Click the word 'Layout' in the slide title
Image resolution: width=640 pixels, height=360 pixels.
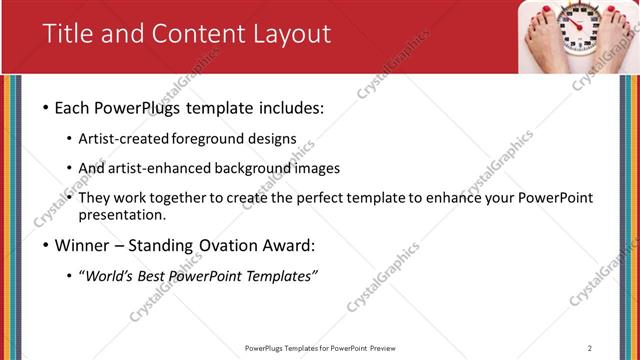coord(289,33)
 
